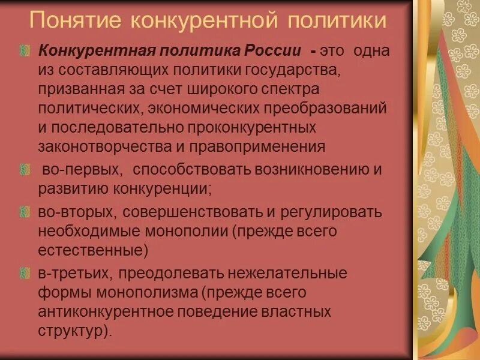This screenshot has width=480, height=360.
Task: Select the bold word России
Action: (275, 50)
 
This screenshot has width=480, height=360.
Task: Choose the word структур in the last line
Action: (71, 331)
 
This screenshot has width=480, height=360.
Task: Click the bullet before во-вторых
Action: (24, 212)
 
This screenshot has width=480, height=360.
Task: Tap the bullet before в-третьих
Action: (24, 274)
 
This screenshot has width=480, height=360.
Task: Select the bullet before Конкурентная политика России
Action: (24, 51)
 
